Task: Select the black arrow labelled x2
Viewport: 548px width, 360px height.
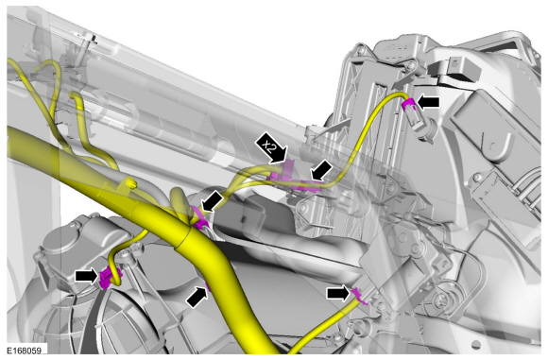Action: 272,147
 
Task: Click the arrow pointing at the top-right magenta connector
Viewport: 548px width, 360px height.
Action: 429,102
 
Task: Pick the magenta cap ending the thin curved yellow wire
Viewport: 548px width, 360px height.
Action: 409,105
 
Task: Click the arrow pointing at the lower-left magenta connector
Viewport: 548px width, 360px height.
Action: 86,276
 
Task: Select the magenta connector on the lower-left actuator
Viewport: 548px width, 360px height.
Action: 108,278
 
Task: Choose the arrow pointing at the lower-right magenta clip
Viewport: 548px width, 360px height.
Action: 338,293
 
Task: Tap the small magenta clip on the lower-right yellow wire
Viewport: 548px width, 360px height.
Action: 359,296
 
